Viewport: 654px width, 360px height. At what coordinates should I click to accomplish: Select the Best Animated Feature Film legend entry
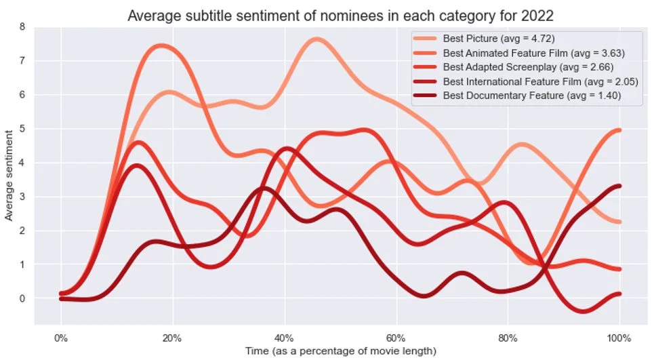(x=533, y=53)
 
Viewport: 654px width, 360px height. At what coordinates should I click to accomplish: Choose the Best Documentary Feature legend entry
(x=532, y=96)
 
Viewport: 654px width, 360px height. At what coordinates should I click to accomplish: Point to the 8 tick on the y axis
(x=22, y=27)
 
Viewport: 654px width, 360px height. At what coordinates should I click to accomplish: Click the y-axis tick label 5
(x=22, y=129)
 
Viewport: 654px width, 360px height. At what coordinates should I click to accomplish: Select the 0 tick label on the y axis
(x=22, y=298)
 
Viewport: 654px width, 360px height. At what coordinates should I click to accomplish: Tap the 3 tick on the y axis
(x=22, y=197)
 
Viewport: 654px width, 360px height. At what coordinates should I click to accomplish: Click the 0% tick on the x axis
(x=60, y=338)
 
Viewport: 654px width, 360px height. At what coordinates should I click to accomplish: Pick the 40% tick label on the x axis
(x=284, y=338)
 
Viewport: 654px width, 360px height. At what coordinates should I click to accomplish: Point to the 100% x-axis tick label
(x=619, y=338)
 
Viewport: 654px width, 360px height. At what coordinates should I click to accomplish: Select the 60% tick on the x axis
(x=396, y=338)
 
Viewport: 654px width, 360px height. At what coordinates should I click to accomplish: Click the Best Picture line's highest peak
(x=317, y=39)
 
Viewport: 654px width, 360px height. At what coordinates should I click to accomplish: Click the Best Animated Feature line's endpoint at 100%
(x=619, y=130)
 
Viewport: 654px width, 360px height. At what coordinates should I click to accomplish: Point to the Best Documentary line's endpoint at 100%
(x=619, y=186)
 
